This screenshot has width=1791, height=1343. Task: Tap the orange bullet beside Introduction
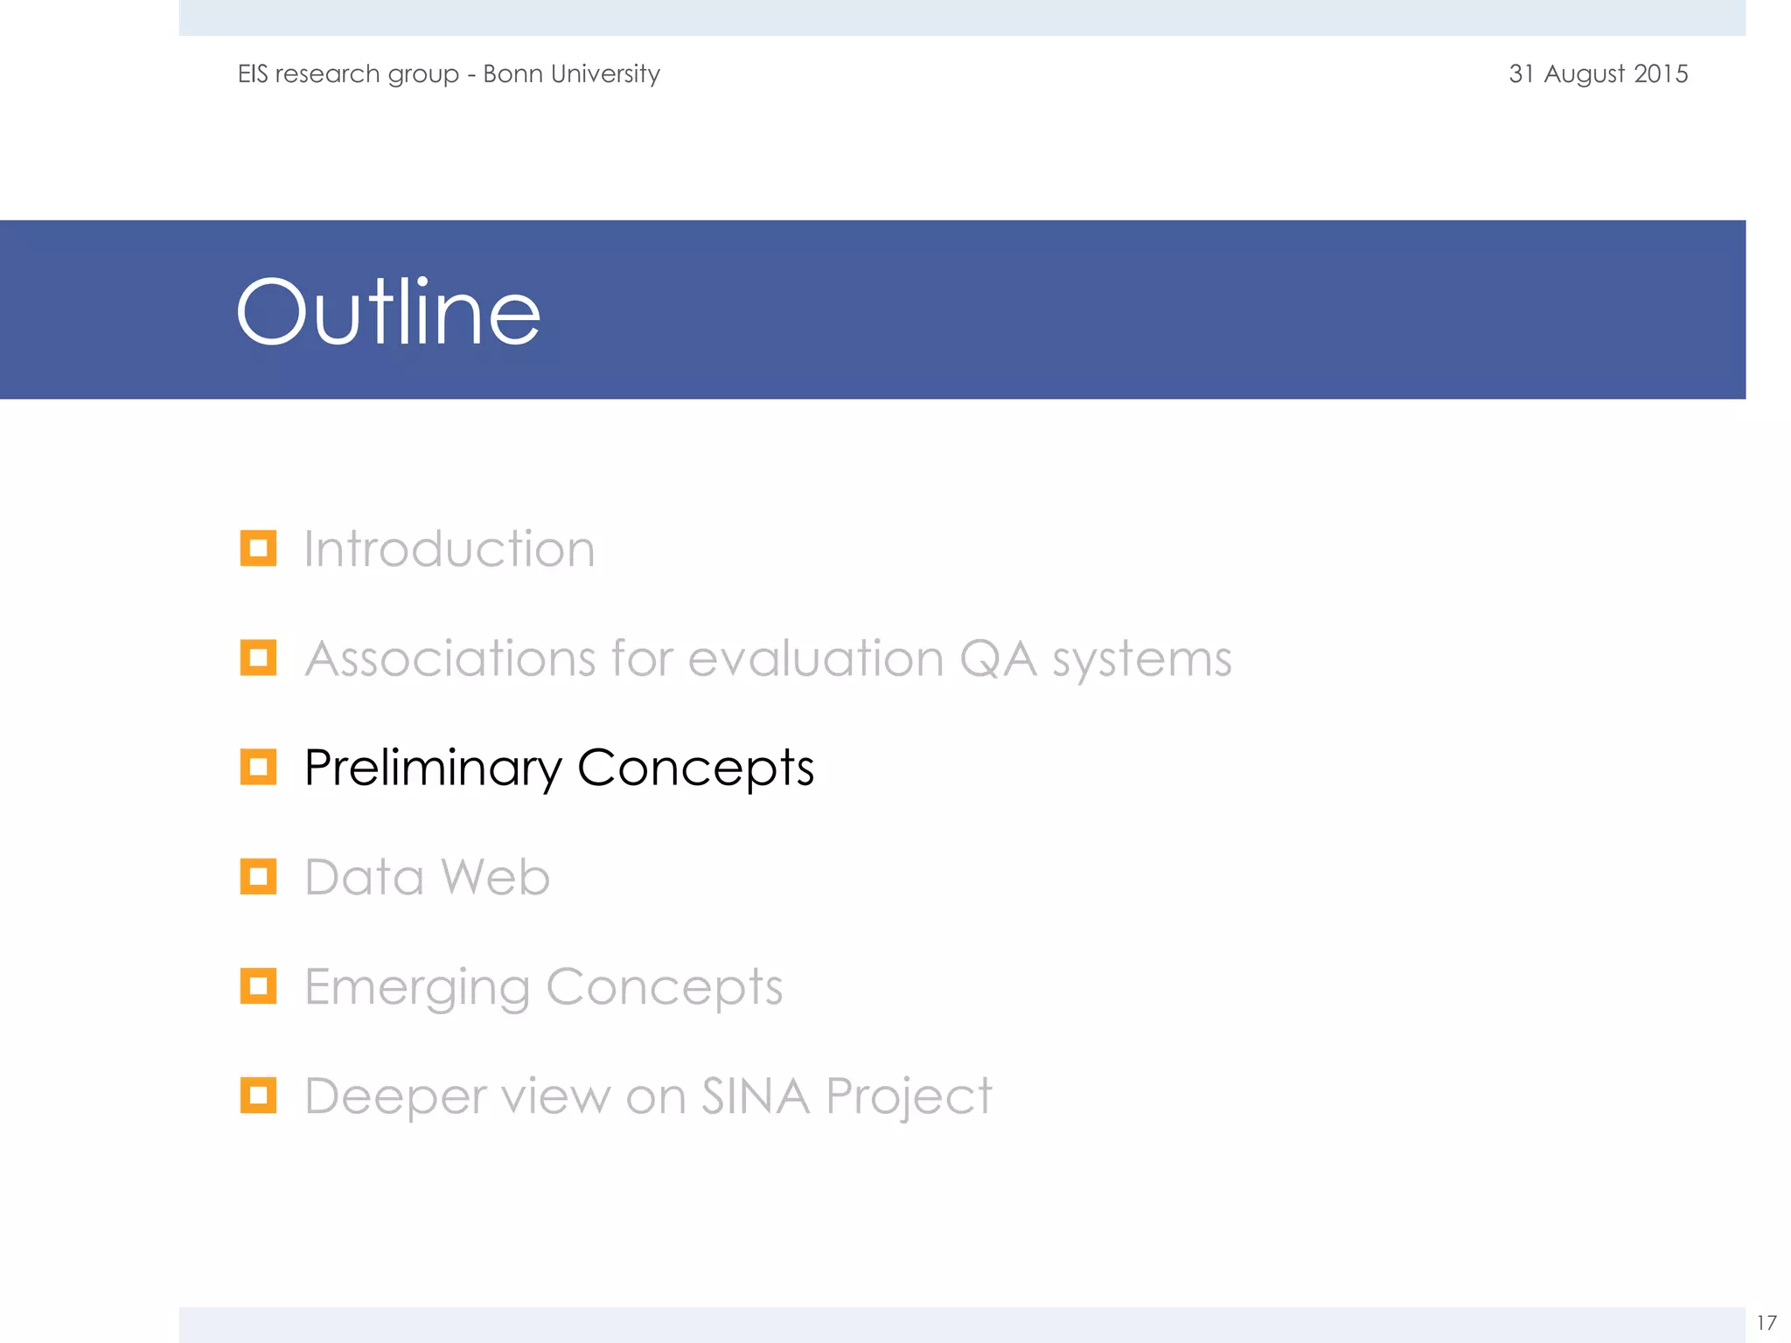coord(258,548)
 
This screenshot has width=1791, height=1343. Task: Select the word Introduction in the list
coord(449,549)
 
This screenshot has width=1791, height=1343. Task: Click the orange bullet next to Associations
coord(258,658)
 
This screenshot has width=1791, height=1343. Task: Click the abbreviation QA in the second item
coord(998,659)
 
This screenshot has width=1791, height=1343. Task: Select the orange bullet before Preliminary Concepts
coord(258,767)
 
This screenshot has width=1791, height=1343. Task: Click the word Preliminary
coord(433,769)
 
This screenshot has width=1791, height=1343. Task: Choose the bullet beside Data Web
coord(258,876)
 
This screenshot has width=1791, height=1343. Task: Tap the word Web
coord(495,877)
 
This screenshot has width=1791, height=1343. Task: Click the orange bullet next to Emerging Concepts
coord(258,986)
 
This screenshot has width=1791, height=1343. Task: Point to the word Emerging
coord(417,988)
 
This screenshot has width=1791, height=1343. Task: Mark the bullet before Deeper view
coord(258,1096)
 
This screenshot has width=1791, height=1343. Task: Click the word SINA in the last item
coord(755,1096)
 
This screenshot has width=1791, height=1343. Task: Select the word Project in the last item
coord(909,1097)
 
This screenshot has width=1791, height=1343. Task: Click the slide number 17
coord(1766,1323)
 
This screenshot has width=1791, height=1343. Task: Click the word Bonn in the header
coord(512,73)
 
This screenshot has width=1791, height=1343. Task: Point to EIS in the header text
coord(253,73)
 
